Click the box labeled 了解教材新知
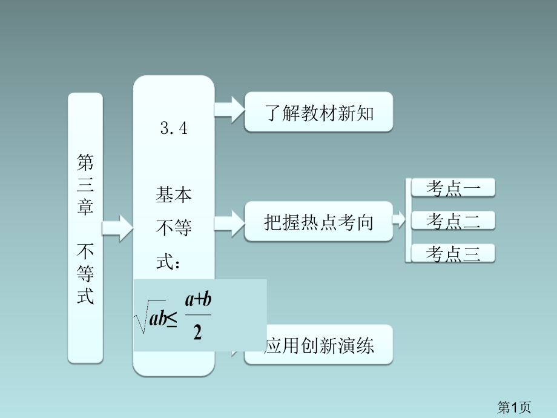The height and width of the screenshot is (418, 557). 318,112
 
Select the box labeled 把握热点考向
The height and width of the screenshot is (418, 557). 318,222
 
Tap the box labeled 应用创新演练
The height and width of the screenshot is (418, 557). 319,345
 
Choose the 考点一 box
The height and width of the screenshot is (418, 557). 453,188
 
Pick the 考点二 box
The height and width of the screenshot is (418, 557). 453,221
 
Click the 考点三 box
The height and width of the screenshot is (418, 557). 453,254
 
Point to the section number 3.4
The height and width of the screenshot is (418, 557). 174,128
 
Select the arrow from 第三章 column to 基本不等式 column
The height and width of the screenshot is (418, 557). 117,227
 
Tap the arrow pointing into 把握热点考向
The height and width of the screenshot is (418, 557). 229,221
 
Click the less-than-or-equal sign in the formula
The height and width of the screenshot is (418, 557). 171,320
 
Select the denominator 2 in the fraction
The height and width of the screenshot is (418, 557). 197,333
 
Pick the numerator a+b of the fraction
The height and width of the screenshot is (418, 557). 198,300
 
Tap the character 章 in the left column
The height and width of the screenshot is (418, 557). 85,207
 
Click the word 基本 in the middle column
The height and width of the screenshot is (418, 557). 174,195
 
